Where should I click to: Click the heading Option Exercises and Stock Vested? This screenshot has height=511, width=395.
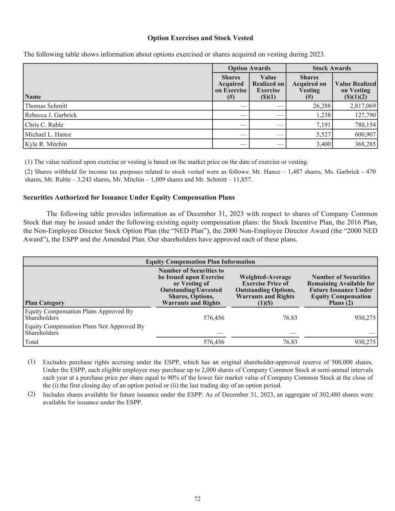pos(200,38)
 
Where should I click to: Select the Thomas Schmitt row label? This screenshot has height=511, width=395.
pos(46,106)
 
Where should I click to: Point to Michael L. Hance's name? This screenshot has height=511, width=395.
pos(48,134)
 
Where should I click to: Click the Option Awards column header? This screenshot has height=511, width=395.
pos(249,68)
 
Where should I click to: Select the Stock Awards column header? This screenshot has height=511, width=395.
pos(331,68)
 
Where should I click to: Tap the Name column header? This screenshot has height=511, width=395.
pos(32,97)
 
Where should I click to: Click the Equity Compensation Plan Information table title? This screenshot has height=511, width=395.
pos(200,262)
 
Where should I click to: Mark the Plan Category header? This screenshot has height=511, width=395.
pos(45,302)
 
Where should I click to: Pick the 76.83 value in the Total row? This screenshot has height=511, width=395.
pos(290,342)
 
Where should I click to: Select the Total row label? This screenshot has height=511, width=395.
pos(31,342)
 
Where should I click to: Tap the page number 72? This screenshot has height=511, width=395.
pos(197,499)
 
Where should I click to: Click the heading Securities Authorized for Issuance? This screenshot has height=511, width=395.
pos(129,197)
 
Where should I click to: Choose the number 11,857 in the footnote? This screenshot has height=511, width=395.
pos(244,179)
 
